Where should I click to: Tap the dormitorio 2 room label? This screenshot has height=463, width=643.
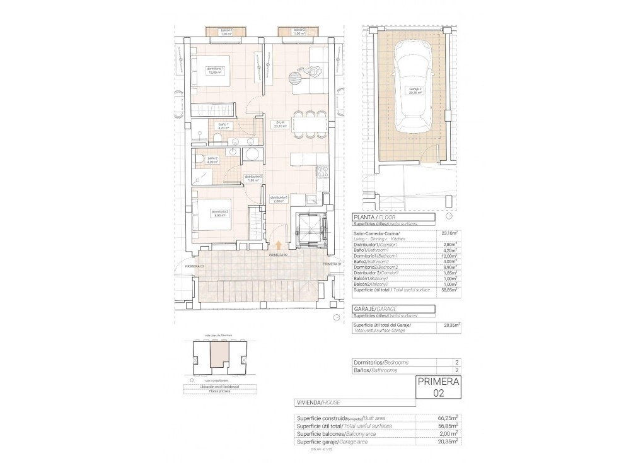point(219,213)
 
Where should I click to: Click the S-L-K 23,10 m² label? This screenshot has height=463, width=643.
point(280,124)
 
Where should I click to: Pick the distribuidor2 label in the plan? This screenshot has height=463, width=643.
point(253,179)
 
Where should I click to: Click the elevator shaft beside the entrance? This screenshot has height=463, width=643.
point(309,230)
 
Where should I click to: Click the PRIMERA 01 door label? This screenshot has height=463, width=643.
point(332,264)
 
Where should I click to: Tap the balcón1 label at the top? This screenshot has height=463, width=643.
point(226,32)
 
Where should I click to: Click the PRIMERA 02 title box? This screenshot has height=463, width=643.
point(439,387)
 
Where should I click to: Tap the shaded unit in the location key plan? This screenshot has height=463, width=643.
point(217,356)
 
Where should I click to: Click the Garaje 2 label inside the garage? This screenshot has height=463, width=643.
point(414,90)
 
